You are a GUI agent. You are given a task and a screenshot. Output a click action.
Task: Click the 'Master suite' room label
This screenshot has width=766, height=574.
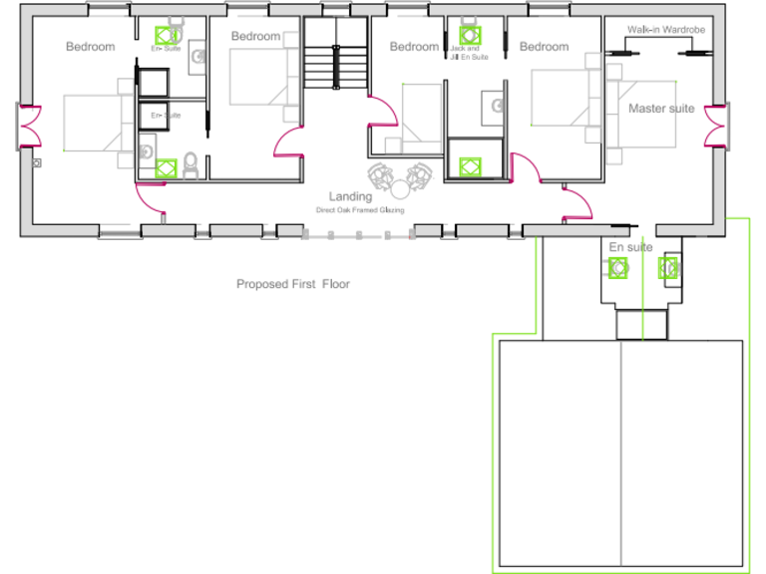click(x=660, y=108)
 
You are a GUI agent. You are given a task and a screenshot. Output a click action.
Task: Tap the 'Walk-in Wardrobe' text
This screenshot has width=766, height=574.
click(x=665, y=30)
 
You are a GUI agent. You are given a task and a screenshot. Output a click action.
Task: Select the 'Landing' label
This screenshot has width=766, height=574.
click(x=350, y=196)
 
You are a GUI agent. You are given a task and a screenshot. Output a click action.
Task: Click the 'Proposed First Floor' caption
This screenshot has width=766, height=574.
click(x=292, y=284)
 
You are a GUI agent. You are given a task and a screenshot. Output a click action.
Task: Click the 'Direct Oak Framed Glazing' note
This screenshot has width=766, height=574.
click(x=360, y=210)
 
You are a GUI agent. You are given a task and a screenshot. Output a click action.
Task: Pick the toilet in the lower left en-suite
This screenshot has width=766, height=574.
click(x=191, y=167)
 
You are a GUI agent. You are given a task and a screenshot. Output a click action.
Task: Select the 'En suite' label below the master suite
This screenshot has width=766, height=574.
click(x=630, y=246)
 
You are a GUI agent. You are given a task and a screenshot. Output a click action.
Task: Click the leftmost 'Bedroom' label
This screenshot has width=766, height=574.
click(x=90, y=46)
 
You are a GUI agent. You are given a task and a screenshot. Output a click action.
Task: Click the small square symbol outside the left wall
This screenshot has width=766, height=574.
click(x=37, y=161)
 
